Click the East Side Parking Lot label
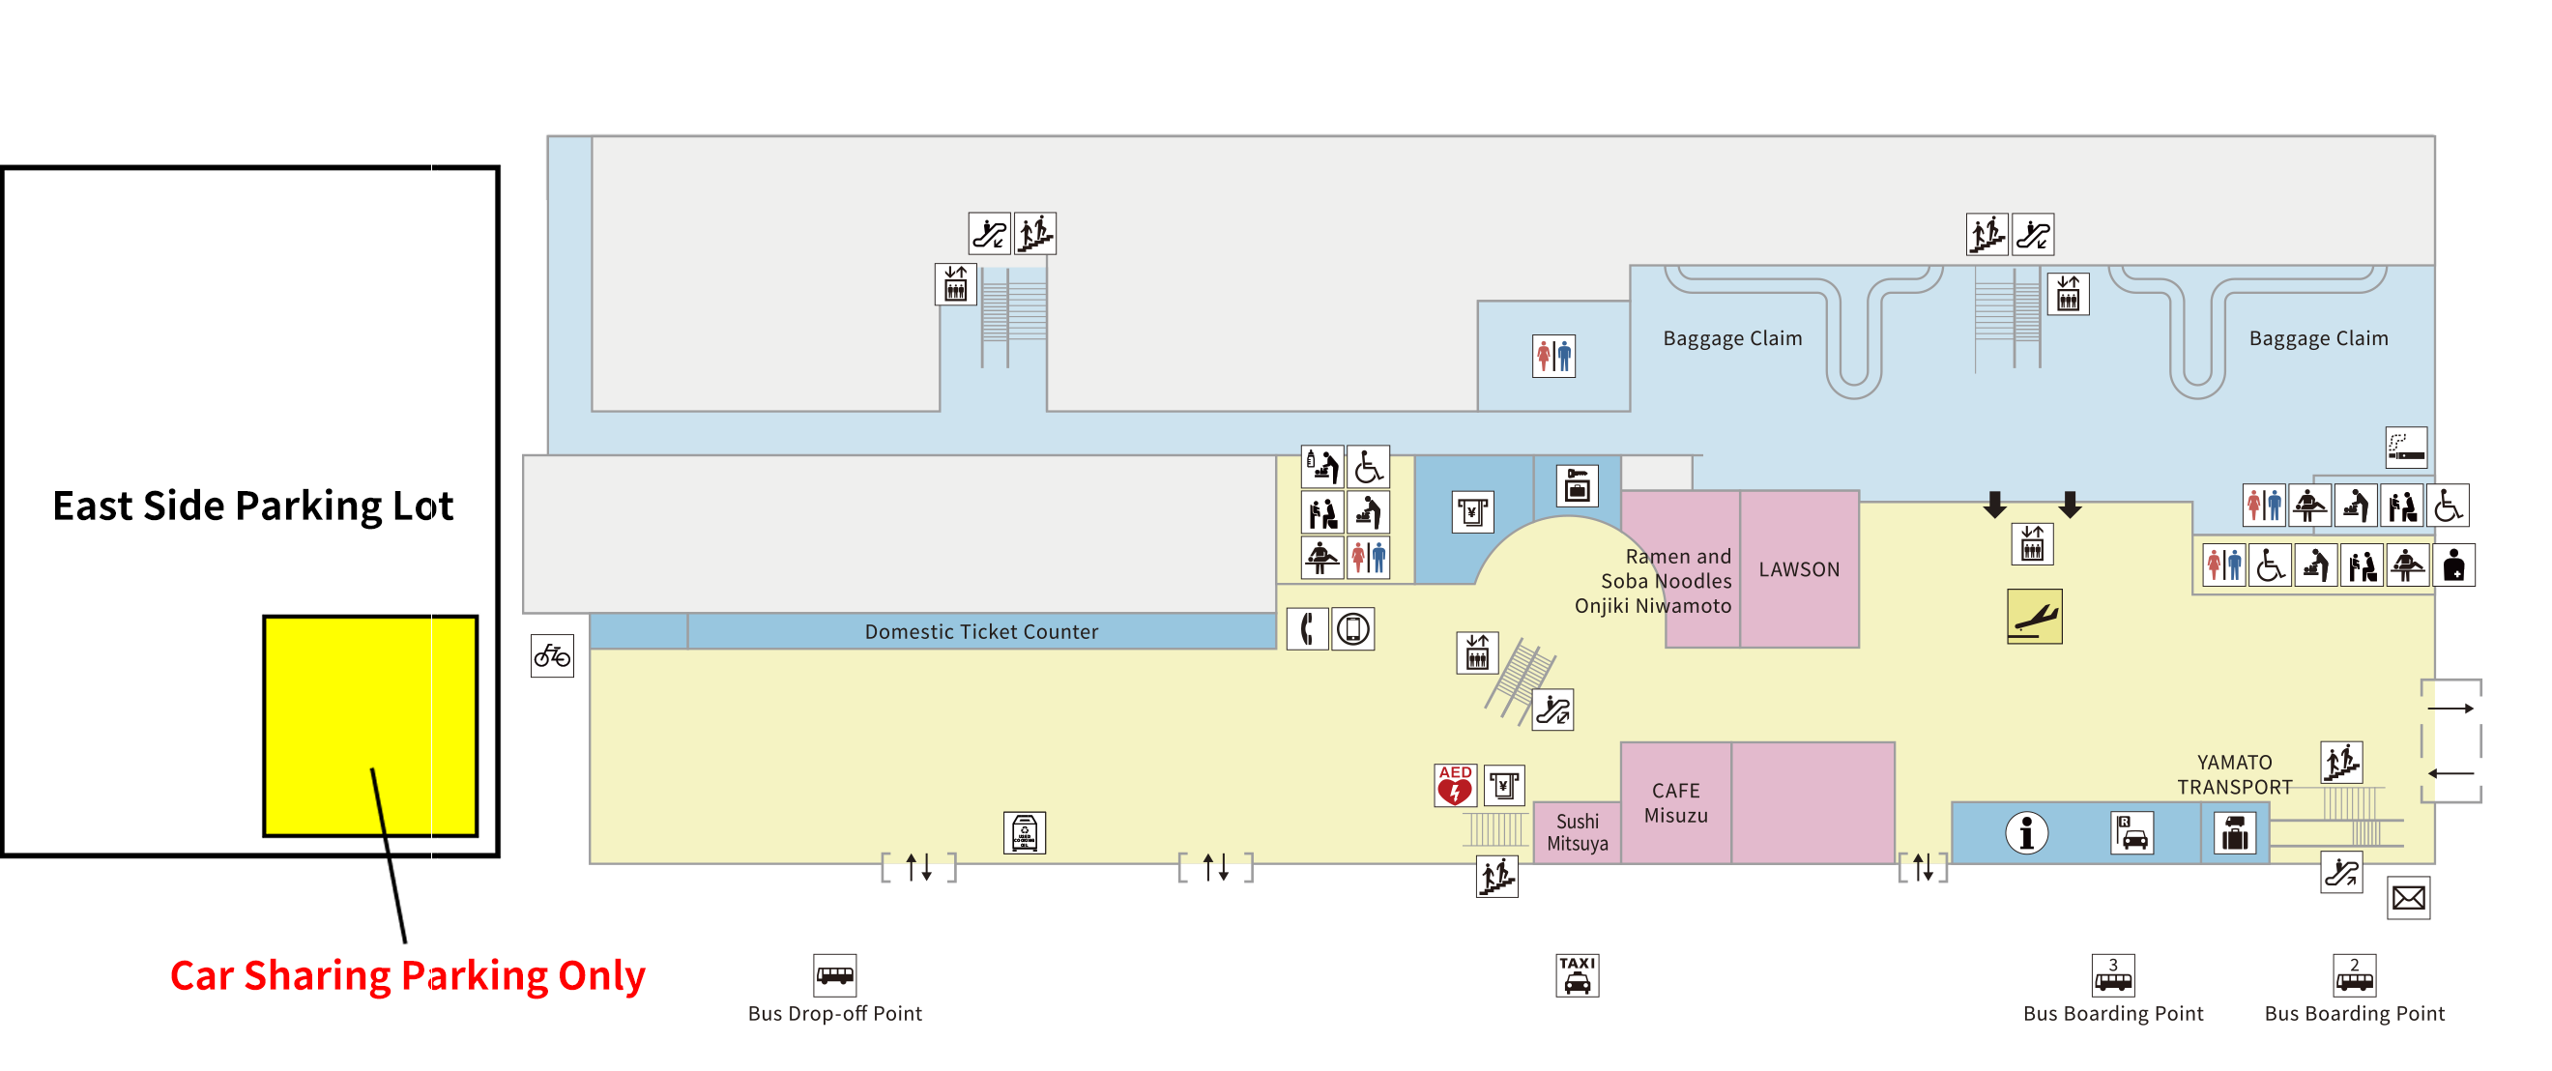pyautogui.click(x=252, y=507)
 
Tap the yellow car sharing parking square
pyautogui.click(x=369, y=725)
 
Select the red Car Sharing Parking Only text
pyautogui.click(x=407, y=976)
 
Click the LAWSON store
pyautogui.click(x=1798, y=569)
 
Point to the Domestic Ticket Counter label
pyautogui.click(x=981, y=632)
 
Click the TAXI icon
pyautogui.click(x=1577, y=976)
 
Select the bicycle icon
pyautogui.click(x=552, y=656)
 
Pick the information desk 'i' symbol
pyautogui.click(x=2026, y=833)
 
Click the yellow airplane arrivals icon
pyautogui.click(x=2034, y=617)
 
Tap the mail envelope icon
pyautogui.click(x=2408, y=899)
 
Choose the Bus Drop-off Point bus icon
pyautogui.click(x=834, y=976)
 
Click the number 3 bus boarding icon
pyautogui.click(x=2112, y=976)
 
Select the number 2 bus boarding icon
pyautogui.click(x=2354, y=976)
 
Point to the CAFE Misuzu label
pyautogui.click(x=1675, y=803)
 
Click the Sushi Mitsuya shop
pyautogui.click(x=1578, y=833)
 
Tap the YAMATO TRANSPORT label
pyautogui.click(x=2234, y=775)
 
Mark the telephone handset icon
pyautogui.click(x=1307, y=629)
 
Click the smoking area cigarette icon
pyautogui.click(x=2405, y=448)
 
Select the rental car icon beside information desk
pyautogui.click(x=2131, y=833)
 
